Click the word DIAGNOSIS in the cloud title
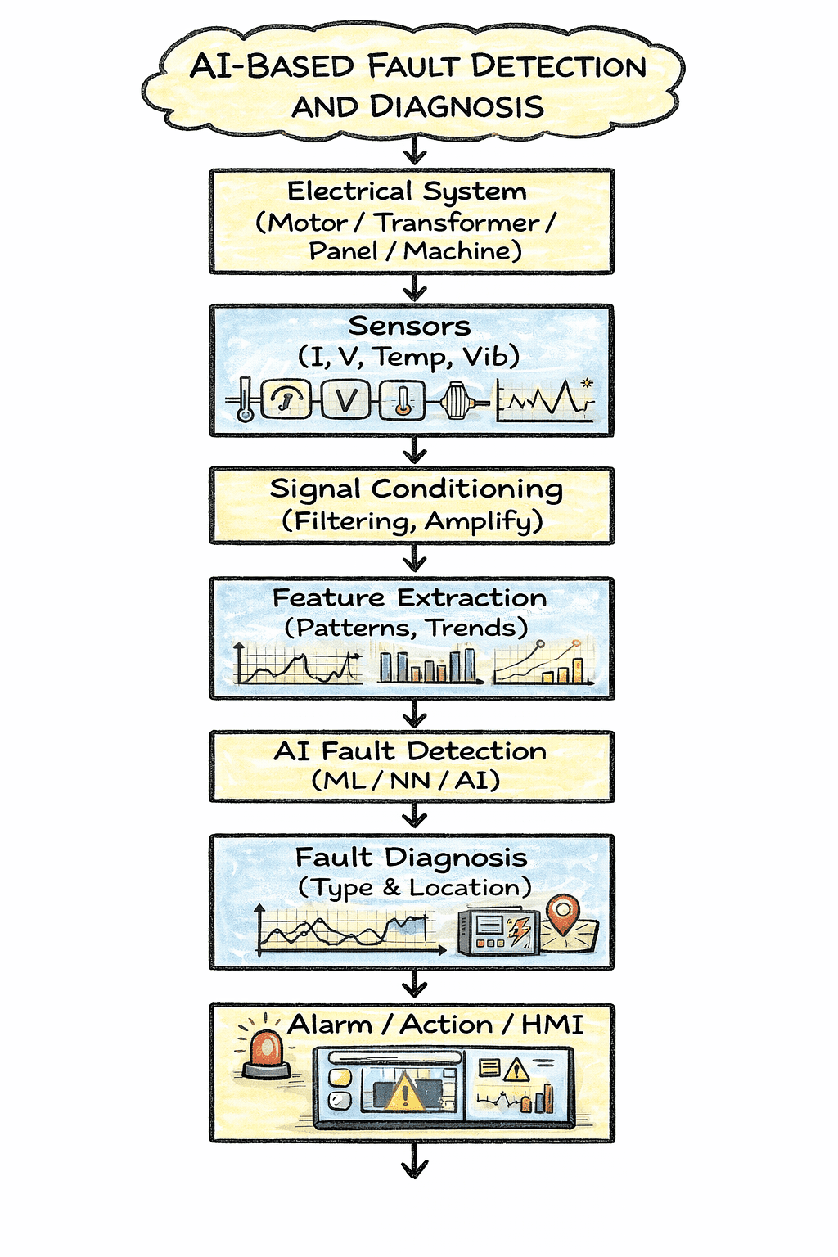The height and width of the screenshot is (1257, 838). (x=457, y=106)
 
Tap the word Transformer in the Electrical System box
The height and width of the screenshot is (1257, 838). (x=457, y=223)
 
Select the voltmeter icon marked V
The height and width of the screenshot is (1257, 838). (x=345, y=400)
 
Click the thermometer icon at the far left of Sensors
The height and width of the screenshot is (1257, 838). (x=244, y=401)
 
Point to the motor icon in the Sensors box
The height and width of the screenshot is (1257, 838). (x=457, y=401)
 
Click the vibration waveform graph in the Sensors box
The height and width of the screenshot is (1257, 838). (x=545, y=399)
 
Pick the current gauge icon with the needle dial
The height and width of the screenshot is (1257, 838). (x=286, y=400)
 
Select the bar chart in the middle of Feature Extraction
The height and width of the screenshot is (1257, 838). (x=427, y=665)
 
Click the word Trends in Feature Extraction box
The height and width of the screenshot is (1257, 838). (x=477, y=628)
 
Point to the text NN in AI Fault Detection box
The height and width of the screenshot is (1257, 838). (x=410, y=781)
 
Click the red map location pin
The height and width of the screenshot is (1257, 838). (x=562, y=915)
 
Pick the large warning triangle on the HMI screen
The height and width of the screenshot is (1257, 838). (x=403, y=1093)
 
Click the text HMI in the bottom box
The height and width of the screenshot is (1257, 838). (x=552, y=1025)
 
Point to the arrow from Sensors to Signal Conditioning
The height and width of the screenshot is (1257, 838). (x=415, y=451)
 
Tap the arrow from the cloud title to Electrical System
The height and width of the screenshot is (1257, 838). (x=415, y=152)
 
